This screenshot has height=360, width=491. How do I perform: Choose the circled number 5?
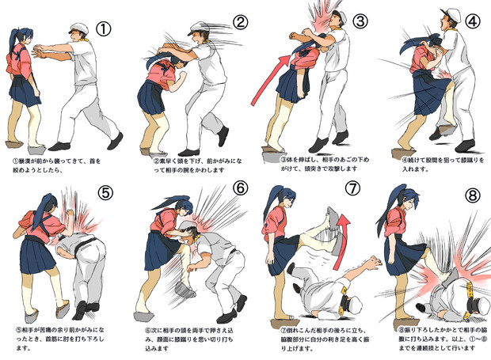pos(103,193)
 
